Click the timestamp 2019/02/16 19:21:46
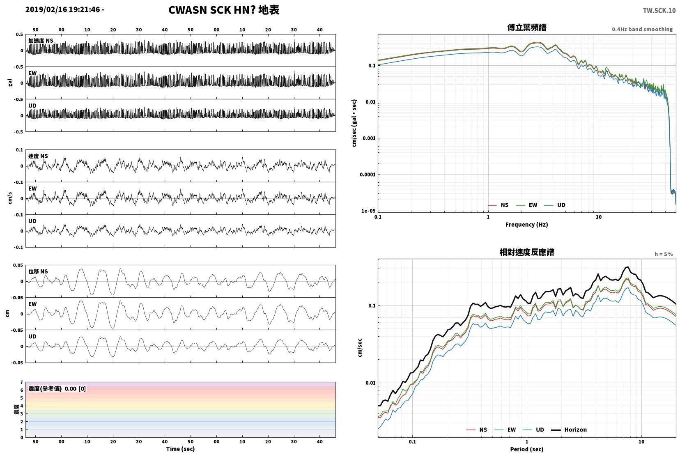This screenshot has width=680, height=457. click(63, 9)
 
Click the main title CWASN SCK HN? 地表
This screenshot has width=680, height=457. click(224, 10)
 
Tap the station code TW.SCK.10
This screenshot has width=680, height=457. click(659, 11)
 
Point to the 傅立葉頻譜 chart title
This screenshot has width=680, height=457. click(527, 28)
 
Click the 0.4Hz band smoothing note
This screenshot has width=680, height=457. click(642, 30)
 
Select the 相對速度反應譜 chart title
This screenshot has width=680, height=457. click(527, 252)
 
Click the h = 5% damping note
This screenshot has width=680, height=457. click(664, 254)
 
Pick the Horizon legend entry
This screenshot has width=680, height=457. click(569, 429)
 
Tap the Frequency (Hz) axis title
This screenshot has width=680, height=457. click(527, 225)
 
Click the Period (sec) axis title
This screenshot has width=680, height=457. click(527, 449)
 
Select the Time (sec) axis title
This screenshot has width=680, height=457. click(180, 449)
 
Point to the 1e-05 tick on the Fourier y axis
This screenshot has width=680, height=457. click(368, 211)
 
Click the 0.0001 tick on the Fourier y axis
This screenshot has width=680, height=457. click(368, 175)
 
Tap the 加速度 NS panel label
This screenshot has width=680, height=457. click(41, 41)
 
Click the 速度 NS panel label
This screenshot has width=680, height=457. click(38, 156)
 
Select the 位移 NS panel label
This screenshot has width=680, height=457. click(38, 271)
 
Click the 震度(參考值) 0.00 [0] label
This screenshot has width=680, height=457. click(57, 389)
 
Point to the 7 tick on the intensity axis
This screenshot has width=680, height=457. click(21, 382)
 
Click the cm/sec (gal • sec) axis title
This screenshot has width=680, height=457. click(354, 123)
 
